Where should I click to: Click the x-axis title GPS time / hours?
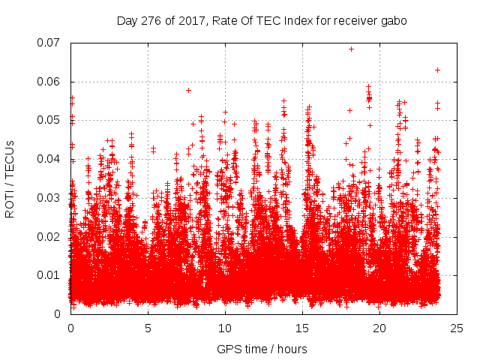point(262,349)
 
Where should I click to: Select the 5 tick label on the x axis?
point(148,328)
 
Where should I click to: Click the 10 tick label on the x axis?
point(225,328)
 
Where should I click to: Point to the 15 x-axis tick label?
point(302,328)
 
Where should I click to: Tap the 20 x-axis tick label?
point(379,328)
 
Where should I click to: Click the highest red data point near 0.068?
point(351,49)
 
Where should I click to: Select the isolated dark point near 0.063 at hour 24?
point(437,70)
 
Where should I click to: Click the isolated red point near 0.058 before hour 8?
point(188,90)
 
